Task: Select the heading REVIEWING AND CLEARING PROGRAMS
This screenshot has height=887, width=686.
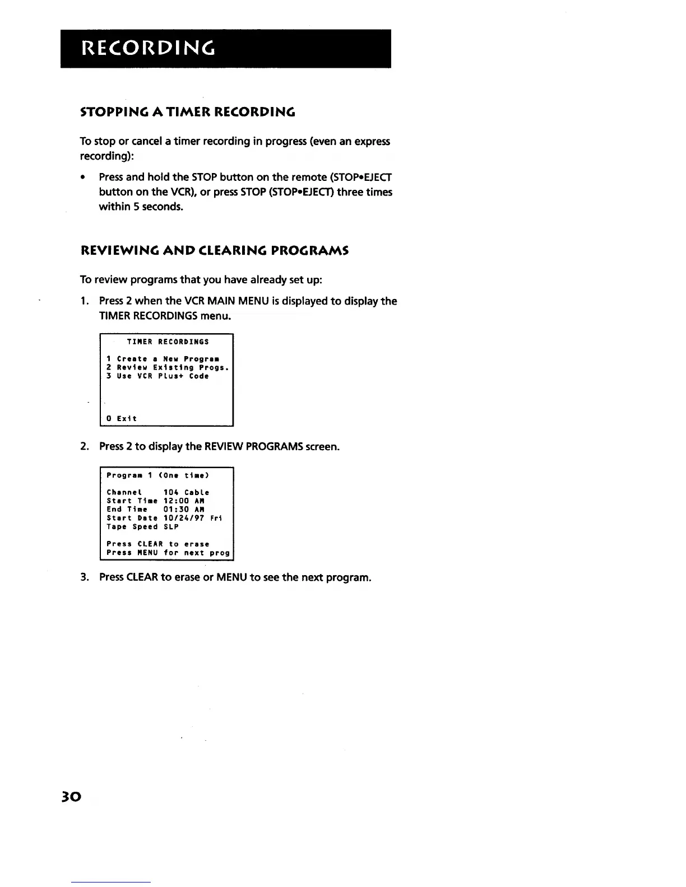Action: point(215,250)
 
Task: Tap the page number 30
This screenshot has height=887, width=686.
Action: point(73,796)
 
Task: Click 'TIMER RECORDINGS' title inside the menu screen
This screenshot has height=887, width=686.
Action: point(168,342)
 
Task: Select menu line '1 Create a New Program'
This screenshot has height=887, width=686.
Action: point(163,359)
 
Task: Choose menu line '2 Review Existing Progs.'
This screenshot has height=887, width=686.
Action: point(168,368)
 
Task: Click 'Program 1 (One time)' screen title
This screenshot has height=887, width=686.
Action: point(157,475)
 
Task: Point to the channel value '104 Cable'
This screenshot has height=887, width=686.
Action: point(186,493)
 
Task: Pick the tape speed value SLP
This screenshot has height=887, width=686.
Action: point(171,527)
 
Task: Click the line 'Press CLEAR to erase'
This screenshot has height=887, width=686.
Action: point(157,544)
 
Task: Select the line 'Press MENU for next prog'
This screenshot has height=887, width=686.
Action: point(168,553)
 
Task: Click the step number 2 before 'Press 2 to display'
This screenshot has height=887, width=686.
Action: point(84,447)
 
